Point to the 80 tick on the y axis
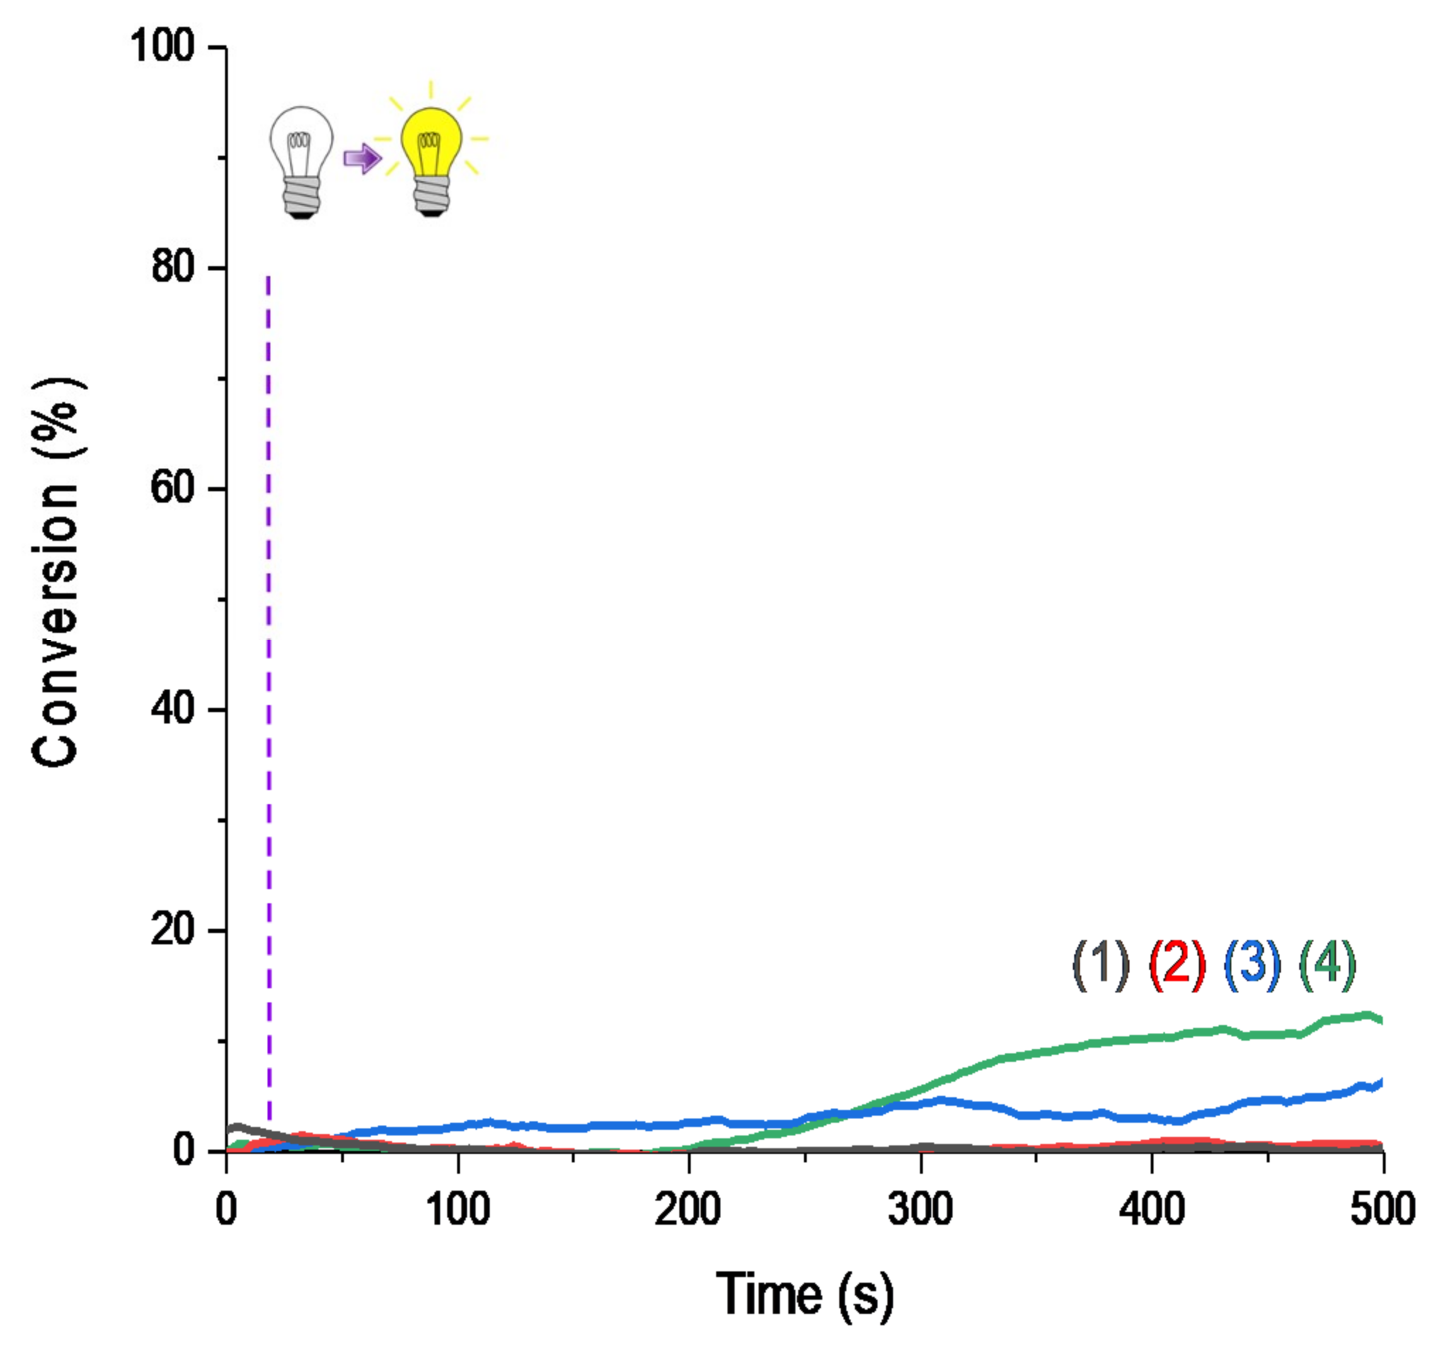coord(173,267)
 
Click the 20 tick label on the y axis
coord(173,929)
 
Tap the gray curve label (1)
coord(1100,966)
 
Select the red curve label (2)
coord(1177,966)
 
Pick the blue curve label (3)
coord(1252,966)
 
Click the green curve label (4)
coord(1327,966)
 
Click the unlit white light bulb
coord(301,161)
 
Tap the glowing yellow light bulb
coord(432,160)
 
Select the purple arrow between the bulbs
coord(362,158)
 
